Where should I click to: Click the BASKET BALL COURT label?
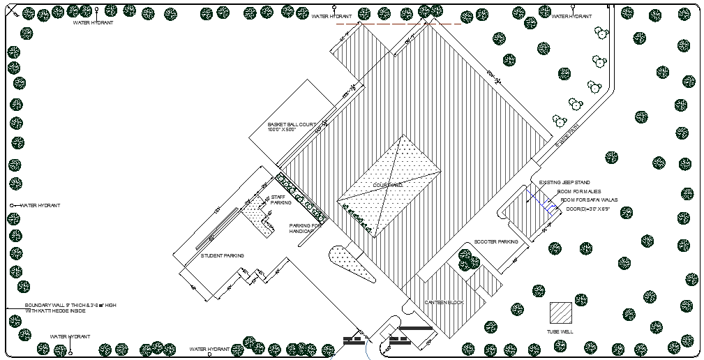pos(292,125)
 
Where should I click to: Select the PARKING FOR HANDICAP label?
pos(306,228)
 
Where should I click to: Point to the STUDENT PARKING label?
pos(221,256)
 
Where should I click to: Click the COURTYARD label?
pos(388,185)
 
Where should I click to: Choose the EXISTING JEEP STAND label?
pos(564,183)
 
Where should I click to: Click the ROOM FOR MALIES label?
pos(578,191)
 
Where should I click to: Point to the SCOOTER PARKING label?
pos(496,242)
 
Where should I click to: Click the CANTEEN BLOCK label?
pos(444,303)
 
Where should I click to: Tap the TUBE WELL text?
pos(560,331)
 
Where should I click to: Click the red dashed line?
pos(398,24)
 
